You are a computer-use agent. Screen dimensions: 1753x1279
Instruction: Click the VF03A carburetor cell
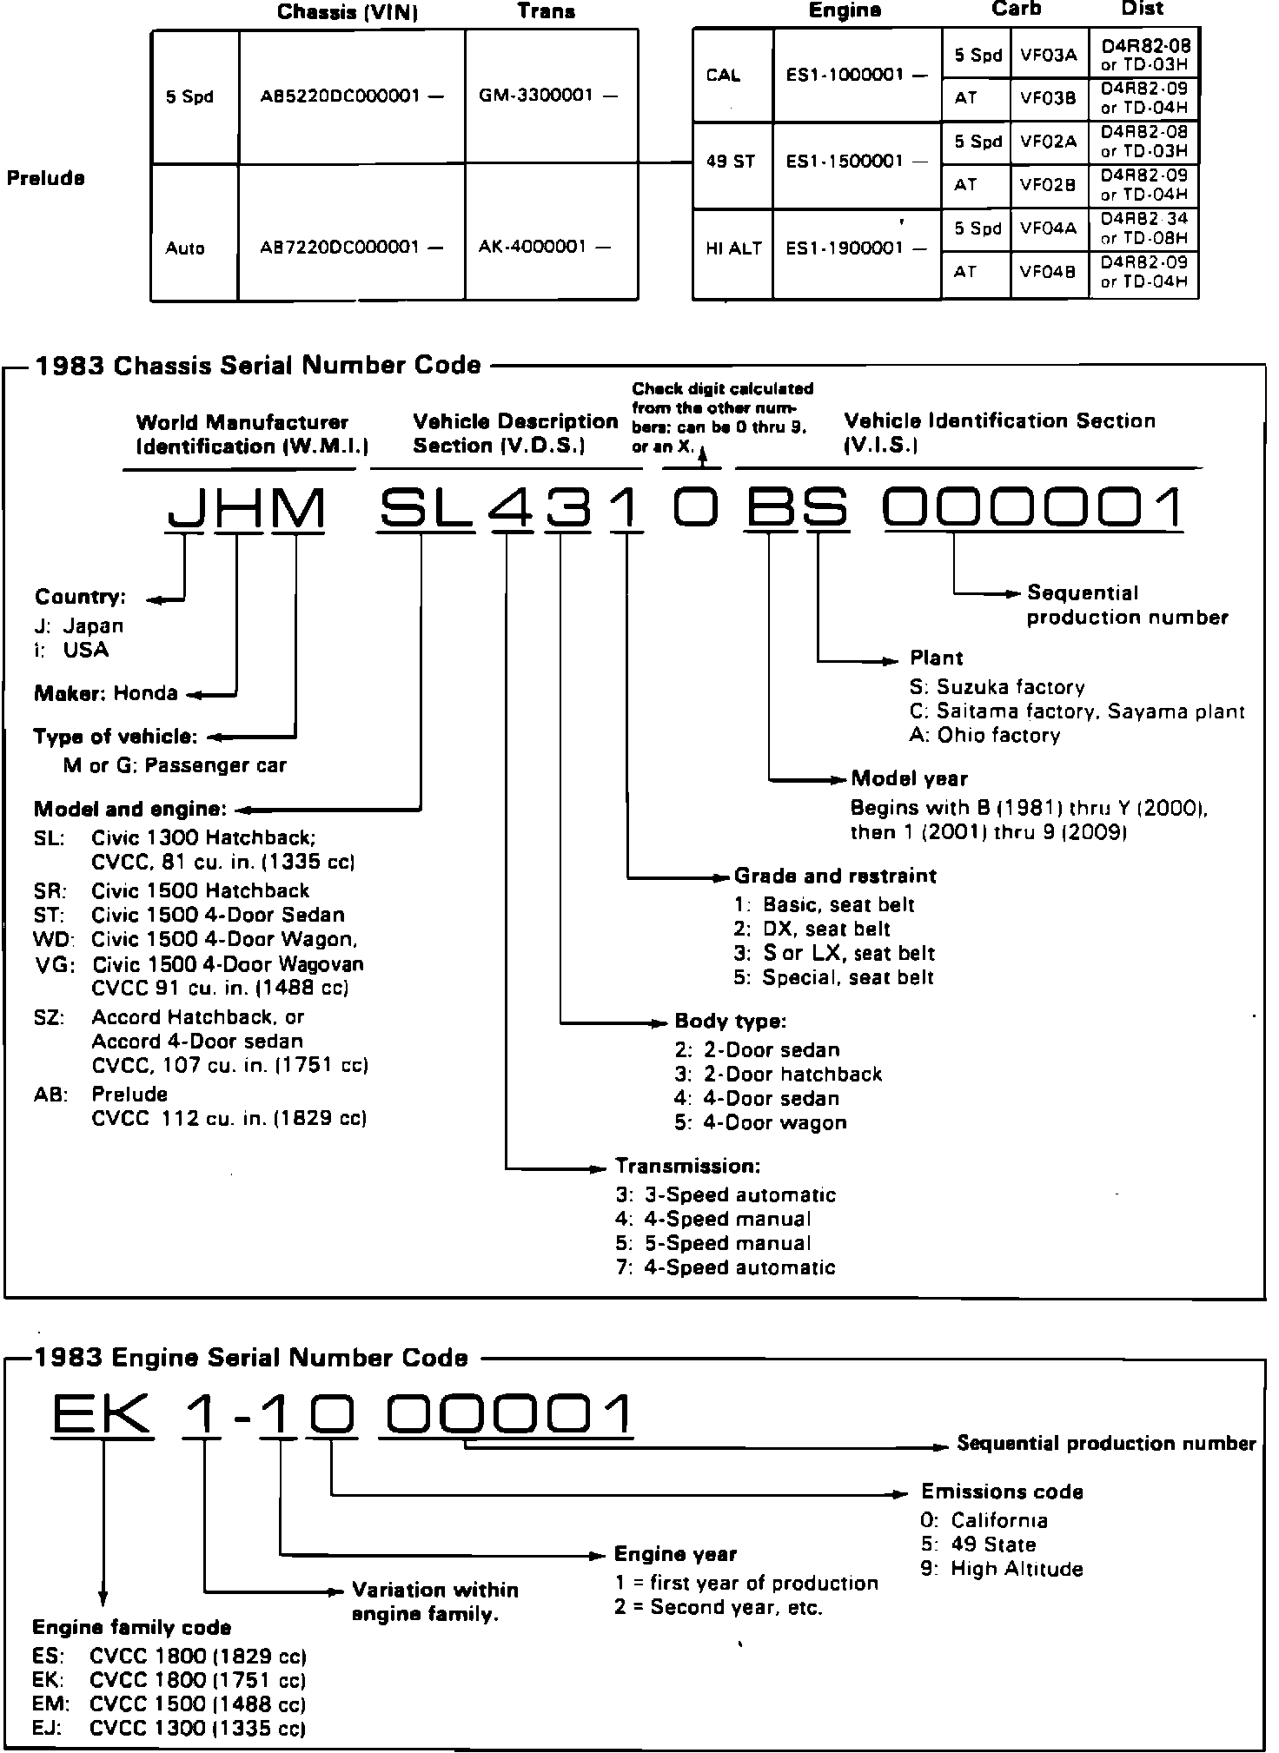click(x=1048, y=55)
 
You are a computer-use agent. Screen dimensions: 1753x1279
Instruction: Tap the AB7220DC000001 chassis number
click(x=351, y=248)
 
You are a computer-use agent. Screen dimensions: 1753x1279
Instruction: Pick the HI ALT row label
click(x=733, y=248)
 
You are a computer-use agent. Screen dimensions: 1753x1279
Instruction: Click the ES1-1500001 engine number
click(x=856, y=162)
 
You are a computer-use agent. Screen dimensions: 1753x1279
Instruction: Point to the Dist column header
click(x=1142, y=10)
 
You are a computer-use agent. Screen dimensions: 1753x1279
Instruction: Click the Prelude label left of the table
click(x=46, y=178)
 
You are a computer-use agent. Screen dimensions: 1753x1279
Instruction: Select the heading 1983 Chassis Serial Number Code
click(x=257, y=365)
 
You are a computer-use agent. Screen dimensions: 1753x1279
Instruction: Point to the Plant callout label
click(x=936, y=658)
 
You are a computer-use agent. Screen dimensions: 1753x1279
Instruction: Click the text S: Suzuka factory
click(x=997, y=687)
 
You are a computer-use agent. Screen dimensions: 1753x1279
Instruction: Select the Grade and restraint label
click(x=835, y=876)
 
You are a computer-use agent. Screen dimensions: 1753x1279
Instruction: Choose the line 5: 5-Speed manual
click(x=712, y=1243)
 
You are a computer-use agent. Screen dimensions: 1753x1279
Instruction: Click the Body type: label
click(x=730, y=1022)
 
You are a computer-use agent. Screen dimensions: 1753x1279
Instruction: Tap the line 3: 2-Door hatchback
click(x=778, y=1075)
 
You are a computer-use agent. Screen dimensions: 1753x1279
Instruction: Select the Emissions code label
click(x=1002, y=1492)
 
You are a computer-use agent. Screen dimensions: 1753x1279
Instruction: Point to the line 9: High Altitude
click(x=1002, y=1569)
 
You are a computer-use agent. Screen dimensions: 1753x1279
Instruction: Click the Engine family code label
click(x=132, y=1627)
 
